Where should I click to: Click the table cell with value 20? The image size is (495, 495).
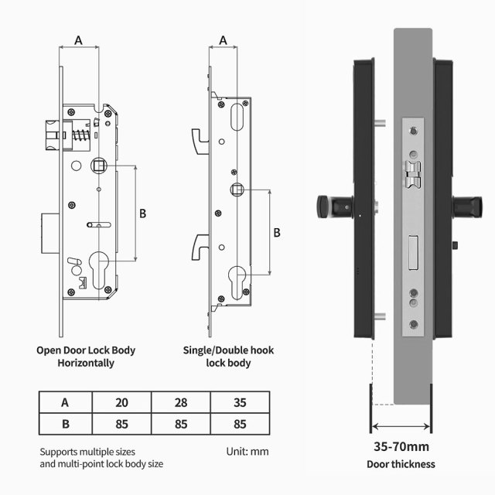121,402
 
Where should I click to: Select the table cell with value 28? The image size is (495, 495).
180,402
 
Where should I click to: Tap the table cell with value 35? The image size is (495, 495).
239,402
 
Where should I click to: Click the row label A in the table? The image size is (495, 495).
65,402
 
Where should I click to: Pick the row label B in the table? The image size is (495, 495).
65,423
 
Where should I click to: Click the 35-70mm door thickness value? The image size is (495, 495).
401,446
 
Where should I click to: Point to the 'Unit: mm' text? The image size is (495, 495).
247,451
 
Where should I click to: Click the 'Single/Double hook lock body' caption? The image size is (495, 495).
228,357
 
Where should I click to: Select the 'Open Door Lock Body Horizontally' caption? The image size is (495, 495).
86,357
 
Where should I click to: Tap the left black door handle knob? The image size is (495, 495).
326,207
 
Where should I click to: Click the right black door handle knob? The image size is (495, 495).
463,207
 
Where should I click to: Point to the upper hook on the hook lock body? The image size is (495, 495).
200,137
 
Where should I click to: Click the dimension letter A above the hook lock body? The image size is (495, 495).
224,39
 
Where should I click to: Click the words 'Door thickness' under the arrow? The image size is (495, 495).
401,465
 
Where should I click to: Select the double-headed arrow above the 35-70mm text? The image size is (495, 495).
401,427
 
